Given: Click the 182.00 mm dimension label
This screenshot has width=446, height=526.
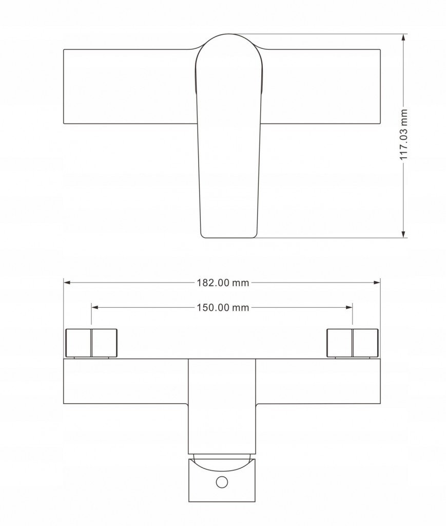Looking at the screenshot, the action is [x=223, y=283].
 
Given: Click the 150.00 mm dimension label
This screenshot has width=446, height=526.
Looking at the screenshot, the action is [x=223, y=307].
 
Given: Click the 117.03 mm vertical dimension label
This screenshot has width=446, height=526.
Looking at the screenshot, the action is [x=404, y=135].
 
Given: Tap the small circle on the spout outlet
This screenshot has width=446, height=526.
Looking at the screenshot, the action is [x=222, y=482].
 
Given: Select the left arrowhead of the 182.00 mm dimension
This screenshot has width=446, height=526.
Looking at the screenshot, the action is [x=67, y=283].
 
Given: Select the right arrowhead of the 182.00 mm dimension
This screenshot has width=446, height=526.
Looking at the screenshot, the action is [x=377, y=283].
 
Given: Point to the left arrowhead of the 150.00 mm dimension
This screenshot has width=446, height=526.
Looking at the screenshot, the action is [x=94, y=307].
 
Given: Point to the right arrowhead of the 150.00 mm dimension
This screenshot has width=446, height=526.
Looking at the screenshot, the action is [x=349, y=307].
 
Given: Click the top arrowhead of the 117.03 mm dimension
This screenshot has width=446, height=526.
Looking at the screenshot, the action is [x=403, y=37].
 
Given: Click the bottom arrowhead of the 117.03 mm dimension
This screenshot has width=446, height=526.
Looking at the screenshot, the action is [x=403, y=234].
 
